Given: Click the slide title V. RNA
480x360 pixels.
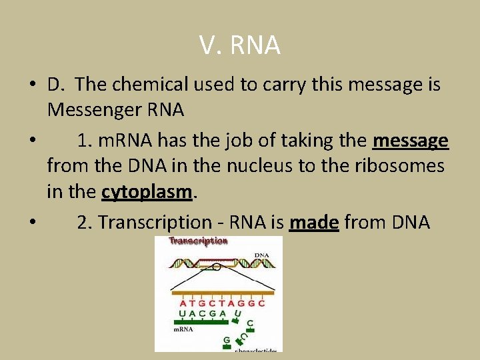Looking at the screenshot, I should (x=239, y=45).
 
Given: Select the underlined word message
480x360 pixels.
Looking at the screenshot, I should (x=411, y=141).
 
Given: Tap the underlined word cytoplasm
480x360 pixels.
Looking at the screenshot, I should (x=147, y=192).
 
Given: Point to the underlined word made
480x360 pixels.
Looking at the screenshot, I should (x=314, y=222).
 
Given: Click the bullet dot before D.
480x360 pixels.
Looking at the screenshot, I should (x=32, y=85).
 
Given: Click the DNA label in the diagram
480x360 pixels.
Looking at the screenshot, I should (x=262, y=255).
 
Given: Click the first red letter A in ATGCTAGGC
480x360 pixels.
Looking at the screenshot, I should (x=183, y=303).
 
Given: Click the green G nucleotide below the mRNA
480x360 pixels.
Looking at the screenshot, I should (x=227, y=340).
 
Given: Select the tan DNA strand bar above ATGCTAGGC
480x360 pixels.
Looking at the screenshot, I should (x=223, y=292).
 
